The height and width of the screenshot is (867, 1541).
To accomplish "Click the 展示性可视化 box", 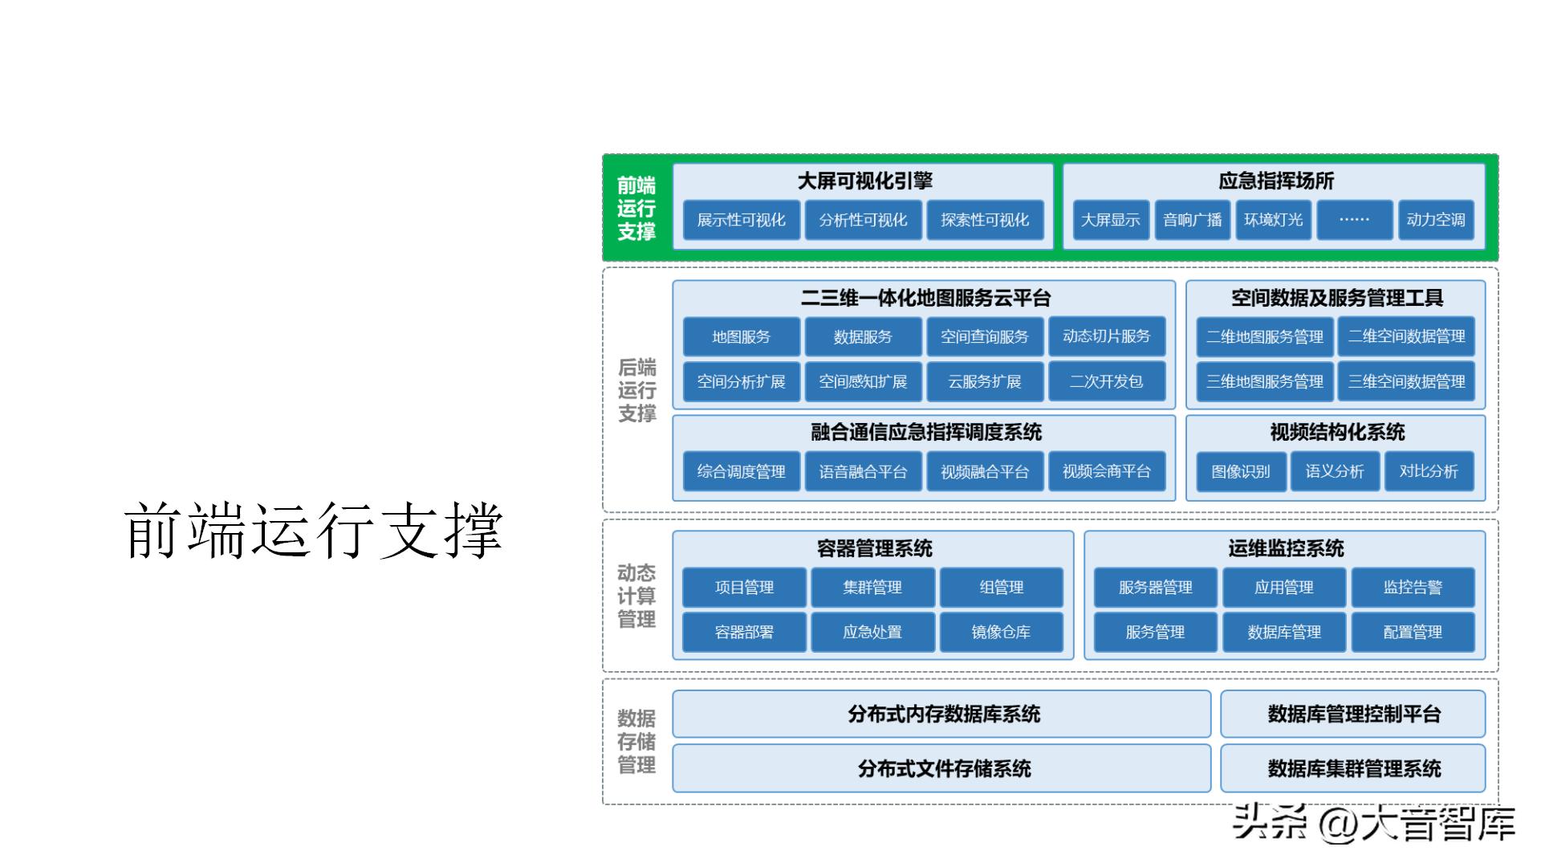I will pos(741,220).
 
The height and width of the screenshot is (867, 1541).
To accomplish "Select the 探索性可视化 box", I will pos(985,220).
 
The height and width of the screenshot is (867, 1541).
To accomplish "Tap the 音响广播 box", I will pos(1192,220).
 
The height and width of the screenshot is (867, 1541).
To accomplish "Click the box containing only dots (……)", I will pos(1354,220).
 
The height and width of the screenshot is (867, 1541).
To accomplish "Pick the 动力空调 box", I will pos(1435,220).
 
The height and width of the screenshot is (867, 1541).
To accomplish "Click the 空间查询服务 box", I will pos(985,337).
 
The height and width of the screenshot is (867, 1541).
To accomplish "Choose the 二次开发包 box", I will pos(1106,381).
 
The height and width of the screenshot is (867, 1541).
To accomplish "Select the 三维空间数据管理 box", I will pos(1406,381).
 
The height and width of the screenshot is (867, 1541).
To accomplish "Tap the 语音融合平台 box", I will pos(863,471).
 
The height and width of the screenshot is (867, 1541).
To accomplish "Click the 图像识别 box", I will pos(1241,471).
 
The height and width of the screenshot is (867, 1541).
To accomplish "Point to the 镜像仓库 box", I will pos(1001,632).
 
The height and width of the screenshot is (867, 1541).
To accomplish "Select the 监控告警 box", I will pos(1413,587).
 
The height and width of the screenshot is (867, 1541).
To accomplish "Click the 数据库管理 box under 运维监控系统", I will pos(1284,632).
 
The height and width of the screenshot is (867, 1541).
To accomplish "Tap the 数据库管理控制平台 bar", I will pos(1353,714).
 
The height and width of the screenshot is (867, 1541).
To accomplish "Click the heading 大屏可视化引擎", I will pos(864,181).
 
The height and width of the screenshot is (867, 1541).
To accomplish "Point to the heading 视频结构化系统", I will pos(1336,433).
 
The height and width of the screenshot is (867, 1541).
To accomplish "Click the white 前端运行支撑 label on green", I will pos(636,209).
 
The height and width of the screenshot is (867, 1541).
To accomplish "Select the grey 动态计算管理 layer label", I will pos(636,596).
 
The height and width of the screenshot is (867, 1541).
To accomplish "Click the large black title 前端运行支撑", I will pos(313,531).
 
